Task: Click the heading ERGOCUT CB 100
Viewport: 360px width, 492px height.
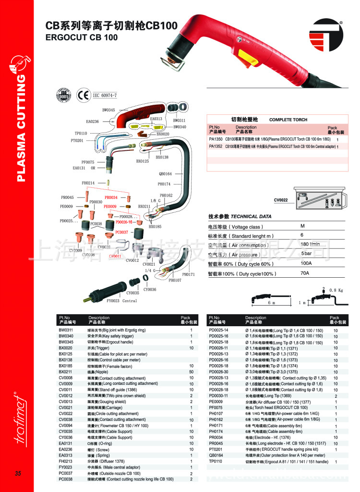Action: click(81, 37)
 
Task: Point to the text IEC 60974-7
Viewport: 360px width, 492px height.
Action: click(104, 95)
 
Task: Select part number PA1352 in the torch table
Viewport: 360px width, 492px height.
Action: click(215, 147)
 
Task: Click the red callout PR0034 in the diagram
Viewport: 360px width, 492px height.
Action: click(111, 197)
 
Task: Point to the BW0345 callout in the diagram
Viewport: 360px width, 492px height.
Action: click(108, 110)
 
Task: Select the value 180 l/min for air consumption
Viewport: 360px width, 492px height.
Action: click(311, 245)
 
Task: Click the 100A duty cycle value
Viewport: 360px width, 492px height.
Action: click(306, 263)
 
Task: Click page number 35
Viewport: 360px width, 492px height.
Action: click(18, 474)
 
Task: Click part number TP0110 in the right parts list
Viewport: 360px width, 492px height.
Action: click(216, 461)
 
